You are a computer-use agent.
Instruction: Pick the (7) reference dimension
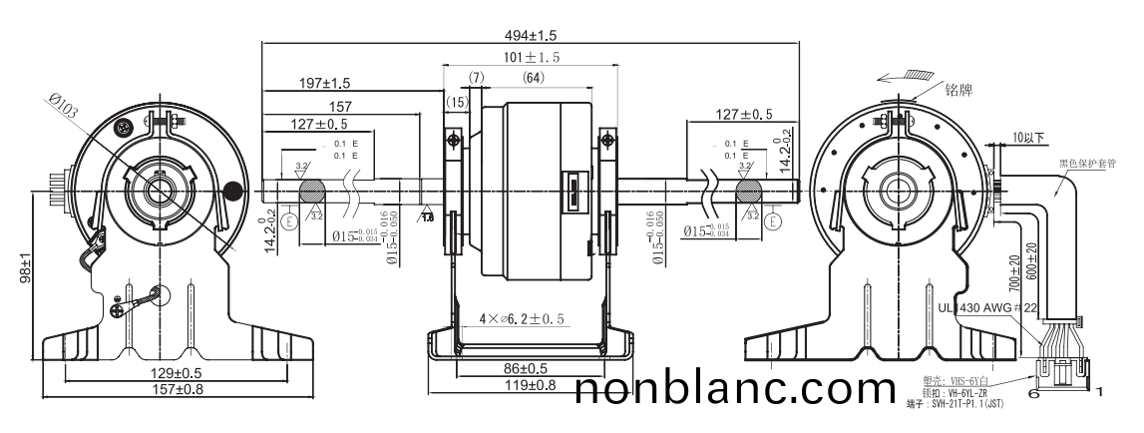(x=476, y=78)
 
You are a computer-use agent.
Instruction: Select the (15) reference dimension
(x=458, y=101)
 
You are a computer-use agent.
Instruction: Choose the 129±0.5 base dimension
(x=147, y=373)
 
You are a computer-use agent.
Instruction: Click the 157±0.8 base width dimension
(x=147, y=389)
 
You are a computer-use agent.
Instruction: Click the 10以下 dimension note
(x=1027, y=136)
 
